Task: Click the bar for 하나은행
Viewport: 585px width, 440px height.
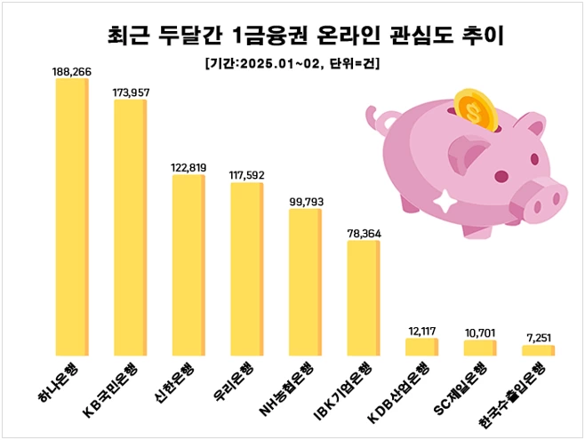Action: (x=71, y=218)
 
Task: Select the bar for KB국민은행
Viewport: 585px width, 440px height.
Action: (x=130, y=228)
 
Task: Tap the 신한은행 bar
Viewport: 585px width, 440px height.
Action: (x=188, y=266)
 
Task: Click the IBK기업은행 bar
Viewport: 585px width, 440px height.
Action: (x=363, y=299)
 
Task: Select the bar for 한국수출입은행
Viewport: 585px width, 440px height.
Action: (x=538, y=350)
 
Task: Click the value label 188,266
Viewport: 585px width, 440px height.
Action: (x=71, y=71)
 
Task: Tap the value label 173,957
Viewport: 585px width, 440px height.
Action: (x=130, y=92)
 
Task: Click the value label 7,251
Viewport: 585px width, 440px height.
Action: (x=539, y=338)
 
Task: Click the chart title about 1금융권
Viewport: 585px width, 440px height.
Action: (x=292, y=36)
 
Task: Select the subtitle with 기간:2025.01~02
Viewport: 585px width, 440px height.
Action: (x=292, y=63)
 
